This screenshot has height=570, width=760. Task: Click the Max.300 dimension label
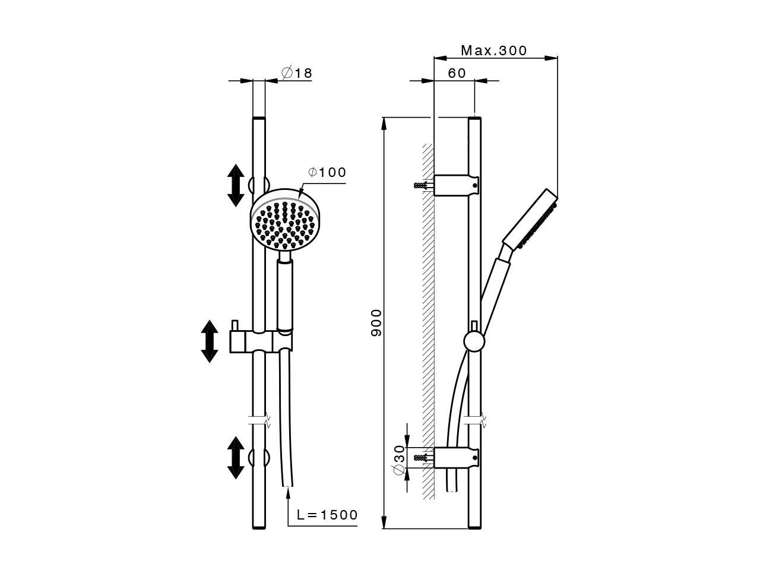point(493,50)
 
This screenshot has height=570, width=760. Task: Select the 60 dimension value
point(457,73)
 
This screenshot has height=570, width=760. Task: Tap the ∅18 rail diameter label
point(297,73)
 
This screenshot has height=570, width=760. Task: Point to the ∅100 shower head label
point(327,172)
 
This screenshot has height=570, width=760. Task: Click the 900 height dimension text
point(376,322)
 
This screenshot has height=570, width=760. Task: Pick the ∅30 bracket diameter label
point(399,456)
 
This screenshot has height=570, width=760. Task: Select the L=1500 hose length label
point(327,515)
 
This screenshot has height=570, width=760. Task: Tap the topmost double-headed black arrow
point(236,185)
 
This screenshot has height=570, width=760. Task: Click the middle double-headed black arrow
point(209,341)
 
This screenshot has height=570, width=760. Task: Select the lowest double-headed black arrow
point(236,458)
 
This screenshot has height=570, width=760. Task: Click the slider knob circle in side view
point(474,341)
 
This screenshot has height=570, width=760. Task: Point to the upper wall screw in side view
point(421,185)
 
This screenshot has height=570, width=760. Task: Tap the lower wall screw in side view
point(421,457)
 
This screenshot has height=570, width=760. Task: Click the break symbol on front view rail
point(259,420)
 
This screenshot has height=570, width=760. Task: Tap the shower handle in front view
point(285,294)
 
